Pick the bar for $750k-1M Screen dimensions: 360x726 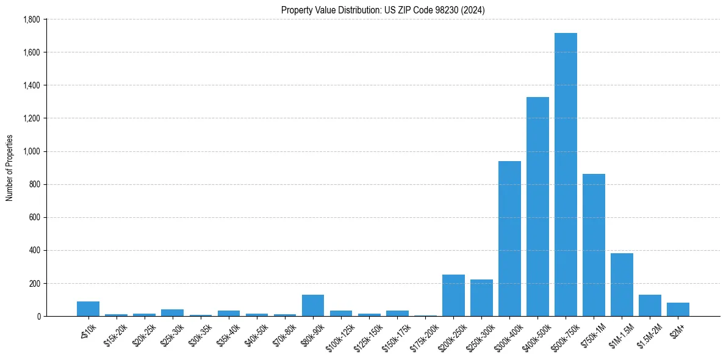594,245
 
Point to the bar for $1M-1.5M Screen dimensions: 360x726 622,284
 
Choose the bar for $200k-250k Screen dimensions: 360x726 453,295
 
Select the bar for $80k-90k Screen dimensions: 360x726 313,305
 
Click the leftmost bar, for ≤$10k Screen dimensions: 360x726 88,309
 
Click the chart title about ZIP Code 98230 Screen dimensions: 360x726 383,10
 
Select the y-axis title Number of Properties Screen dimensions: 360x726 10,168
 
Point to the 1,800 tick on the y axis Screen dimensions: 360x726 31,20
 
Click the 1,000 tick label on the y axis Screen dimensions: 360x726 31,151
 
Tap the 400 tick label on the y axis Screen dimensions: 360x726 35,250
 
